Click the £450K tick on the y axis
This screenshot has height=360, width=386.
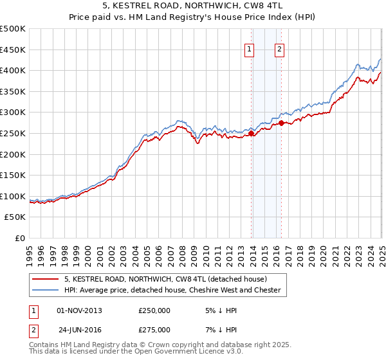[x=14, y=50]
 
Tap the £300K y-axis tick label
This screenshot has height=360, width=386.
[x=14, y=113]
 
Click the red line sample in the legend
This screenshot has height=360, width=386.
[x=46, y=279]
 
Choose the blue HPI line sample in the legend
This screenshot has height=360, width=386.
[x=46, y=290]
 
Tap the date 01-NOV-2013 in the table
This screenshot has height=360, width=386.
[x=79, y=310]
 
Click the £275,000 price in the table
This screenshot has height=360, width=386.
[x=154, y=329]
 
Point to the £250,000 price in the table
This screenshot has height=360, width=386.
[x=154, y=310]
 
